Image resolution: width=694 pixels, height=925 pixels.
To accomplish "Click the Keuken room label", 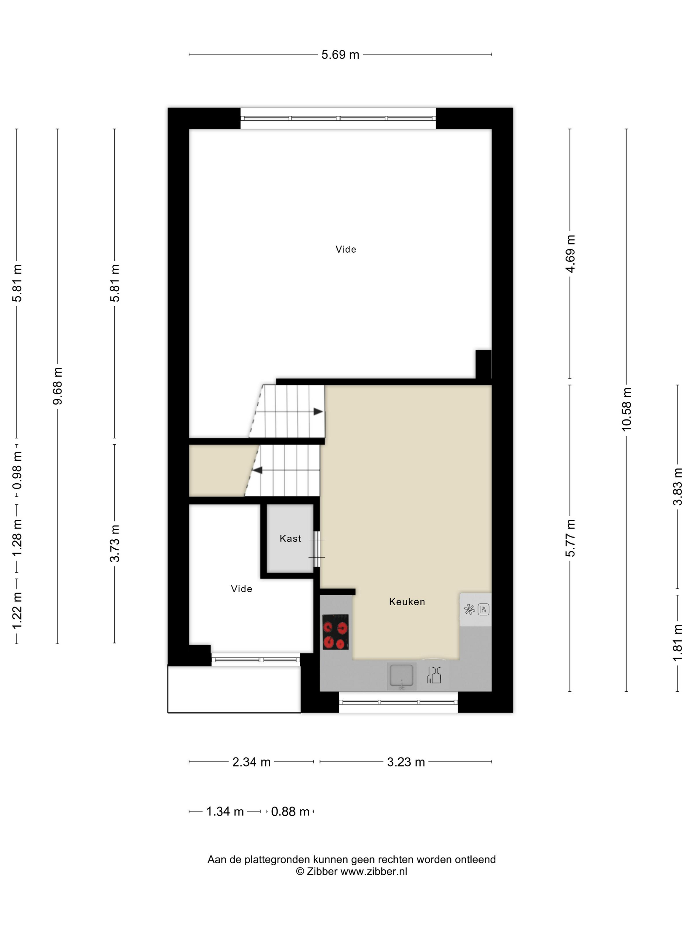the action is point(406,602).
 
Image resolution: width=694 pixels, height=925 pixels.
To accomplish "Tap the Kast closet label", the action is point(290,538).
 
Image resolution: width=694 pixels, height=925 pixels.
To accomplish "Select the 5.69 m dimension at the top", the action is point(340,55).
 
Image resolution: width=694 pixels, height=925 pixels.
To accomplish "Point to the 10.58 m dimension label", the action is point(626,409).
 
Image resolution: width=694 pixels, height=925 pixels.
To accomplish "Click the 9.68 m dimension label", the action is point(57,386).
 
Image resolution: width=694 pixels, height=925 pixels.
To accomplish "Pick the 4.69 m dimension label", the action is point(570,254).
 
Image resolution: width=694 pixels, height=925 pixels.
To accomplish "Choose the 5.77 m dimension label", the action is point(570,538).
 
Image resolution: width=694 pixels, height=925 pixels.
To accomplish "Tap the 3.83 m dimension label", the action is point(677,487).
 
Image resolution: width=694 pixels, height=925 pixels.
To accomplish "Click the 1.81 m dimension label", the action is point(677,643).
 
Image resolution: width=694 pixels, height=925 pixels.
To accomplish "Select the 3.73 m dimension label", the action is point(114,543).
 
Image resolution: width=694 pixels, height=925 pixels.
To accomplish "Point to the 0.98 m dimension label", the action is point(17,470).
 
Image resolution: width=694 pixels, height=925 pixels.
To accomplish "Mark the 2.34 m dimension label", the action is point(251,762).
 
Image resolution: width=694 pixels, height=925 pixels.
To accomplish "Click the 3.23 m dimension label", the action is point(406,762).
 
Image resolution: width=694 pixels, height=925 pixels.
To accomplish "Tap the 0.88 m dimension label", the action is point(290,811).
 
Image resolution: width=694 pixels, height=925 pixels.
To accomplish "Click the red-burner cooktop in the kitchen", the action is point(335,632).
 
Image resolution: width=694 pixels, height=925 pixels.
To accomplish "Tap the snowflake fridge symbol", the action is point(469,609).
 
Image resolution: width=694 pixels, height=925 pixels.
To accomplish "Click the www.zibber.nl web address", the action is point(373,871).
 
